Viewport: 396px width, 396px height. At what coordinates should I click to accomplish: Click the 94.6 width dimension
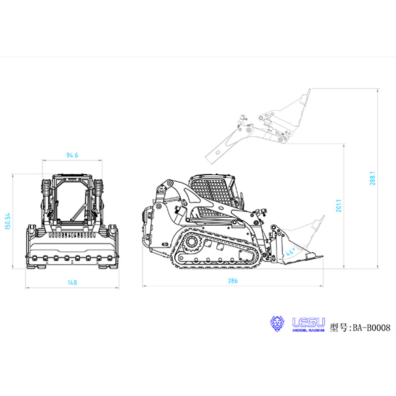click(x=72, y=155)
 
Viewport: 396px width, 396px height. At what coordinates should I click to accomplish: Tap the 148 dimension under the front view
click(x=72, y=282)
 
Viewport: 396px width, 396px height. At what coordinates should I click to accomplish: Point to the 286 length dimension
click(x=233, y=281)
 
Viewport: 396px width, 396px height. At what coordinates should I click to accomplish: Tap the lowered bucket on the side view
click(x=302, y=243)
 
